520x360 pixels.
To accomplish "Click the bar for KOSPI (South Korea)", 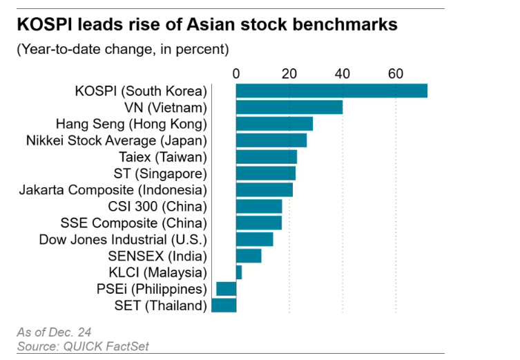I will (x=331, y=91).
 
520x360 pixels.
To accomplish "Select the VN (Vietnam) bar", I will (x=289, y=107).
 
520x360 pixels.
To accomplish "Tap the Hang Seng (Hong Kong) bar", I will (x=274, y=124).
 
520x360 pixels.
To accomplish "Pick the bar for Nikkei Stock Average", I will (x=271, y=140).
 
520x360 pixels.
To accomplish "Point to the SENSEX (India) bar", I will (x=249, y=256).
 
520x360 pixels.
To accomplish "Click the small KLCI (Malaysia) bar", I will (x=239, y=272).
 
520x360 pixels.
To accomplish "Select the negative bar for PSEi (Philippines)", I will (x=227, y=289).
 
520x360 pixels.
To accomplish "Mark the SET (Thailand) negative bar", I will (x=224, y=305).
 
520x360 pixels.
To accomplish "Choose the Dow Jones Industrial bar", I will (x=254, y=240).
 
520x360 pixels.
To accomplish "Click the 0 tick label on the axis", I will (x=236, y=74).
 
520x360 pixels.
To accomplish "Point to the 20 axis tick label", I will (x=289, y=74).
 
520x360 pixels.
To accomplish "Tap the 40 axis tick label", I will (x=343, y=74).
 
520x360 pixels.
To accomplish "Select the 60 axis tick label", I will (x=396, y=74).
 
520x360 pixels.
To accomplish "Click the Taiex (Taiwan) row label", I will (x=162, y=157).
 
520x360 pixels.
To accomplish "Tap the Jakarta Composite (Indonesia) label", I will (x=113, y=189).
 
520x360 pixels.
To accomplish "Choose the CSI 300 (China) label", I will (x=157, y=206).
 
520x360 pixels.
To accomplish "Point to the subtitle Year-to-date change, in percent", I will (x=118, y=49).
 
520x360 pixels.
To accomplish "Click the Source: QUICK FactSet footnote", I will (x=83, y=346).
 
